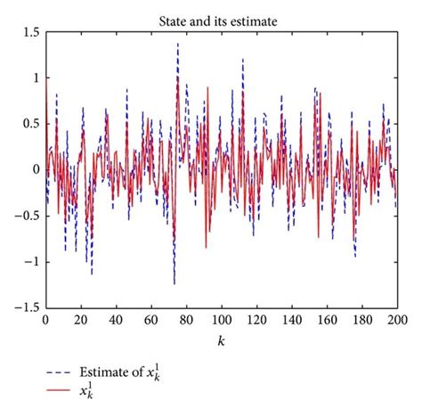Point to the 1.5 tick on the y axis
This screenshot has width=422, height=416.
30,31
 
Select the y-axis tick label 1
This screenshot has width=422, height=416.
36,77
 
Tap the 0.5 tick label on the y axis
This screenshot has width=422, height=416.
30,123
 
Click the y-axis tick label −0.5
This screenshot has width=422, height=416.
28,216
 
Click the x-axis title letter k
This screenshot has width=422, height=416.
221,341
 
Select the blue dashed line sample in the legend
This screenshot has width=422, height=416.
63,373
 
